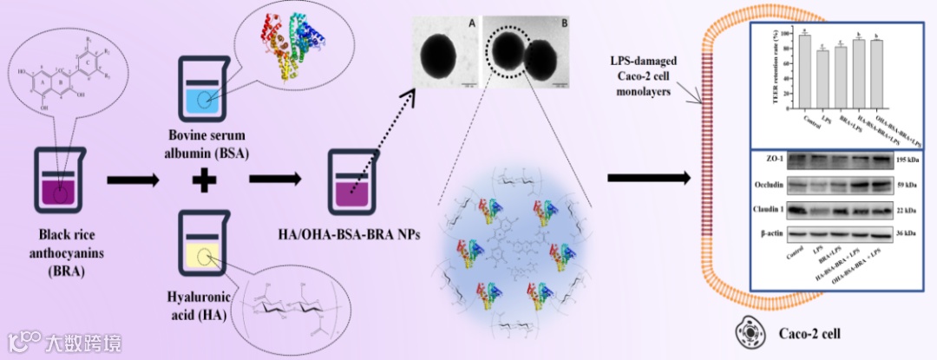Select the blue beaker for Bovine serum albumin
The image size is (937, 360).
pyautogui.click(x=203, y=92)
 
